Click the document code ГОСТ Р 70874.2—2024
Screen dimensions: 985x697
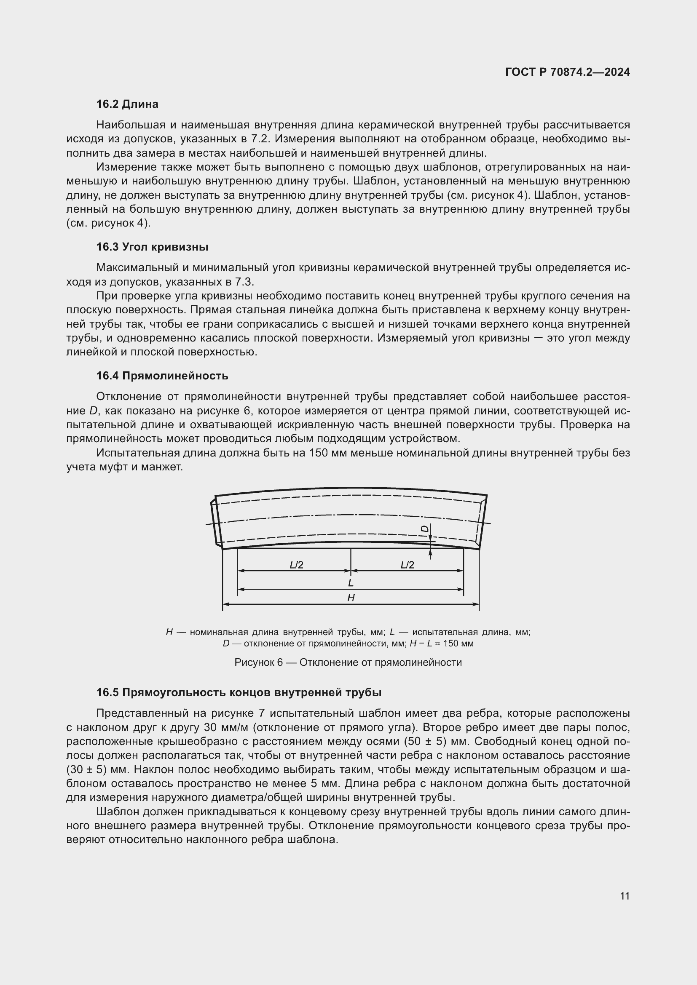click(567, 72)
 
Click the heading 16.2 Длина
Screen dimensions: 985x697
click(127, 104)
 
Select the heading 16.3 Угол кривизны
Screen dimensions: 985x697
click(152, 247)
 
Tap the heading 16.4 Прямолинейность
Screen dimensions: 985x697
click(162, 376)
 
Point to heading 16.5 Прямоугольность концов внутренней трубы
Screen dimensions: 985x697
click(239, 692)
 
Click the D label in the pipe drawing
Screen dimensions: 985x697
click(424, 529)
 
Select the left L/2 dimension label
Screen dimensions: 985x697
click(296, 565)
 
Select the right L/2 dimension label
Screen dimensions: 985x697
click(407, 565)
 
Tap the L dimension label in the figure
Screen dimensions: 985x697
click(351, 583)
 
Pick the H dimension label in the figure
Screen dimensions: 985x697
click(351, 598)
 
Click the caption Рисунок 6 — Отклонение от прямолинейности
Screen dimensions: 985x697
click(348, 662)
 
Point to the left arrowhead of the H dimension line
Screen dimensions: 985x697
click(225, 604)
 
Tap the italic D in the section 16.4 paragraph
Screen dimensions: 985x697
click(93, 411)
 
